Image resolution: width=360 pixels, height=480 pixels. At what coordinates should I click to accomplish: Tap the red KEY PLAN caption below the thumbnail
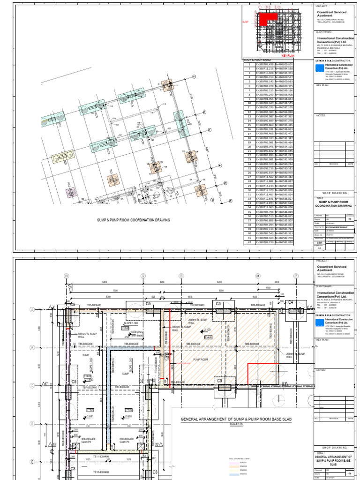point(287,55)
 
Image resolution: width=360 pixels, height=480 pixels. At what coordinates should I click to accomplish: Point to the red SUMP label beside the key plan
point(245,22)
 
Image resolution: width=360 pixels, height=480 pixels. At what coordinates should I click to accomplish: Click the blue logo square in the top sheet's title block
point(319,68)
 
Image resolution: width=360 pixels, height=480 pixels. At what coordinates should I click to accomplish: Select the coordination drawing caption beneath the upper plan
point(133,220)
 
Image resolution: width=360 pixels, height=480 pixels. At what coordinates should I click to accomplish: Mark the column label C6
point(148,304)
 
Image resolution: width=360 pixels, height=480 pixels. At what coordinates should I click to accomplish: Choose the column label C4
point(290,302)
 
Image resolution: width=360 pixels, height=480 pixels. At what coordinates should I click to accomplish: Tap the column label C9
point(219,381)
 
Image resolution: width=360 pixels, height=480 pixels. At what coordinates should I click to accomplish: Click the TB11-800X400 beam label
point(102,457)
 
